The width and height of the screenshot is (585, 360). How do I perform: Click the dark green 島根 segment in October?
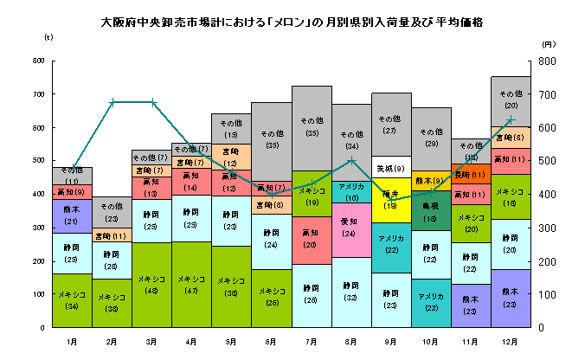[430, 213]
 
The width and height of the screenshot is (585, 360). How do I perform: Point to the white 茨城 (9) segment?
[390, 167]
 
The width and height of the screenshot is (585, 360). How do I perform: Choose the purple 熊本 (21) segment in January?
[72, 216]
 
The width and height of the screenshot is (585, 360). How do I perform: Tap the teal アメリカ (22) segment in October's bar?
[430, 303]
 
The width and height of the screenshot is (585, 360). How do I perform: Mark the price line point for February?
[112, 102]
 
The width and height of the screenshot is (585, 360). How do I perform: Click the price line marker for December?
[511, 119]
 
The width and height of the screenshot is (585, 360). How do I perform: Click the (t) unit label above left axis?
[48, 37]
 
